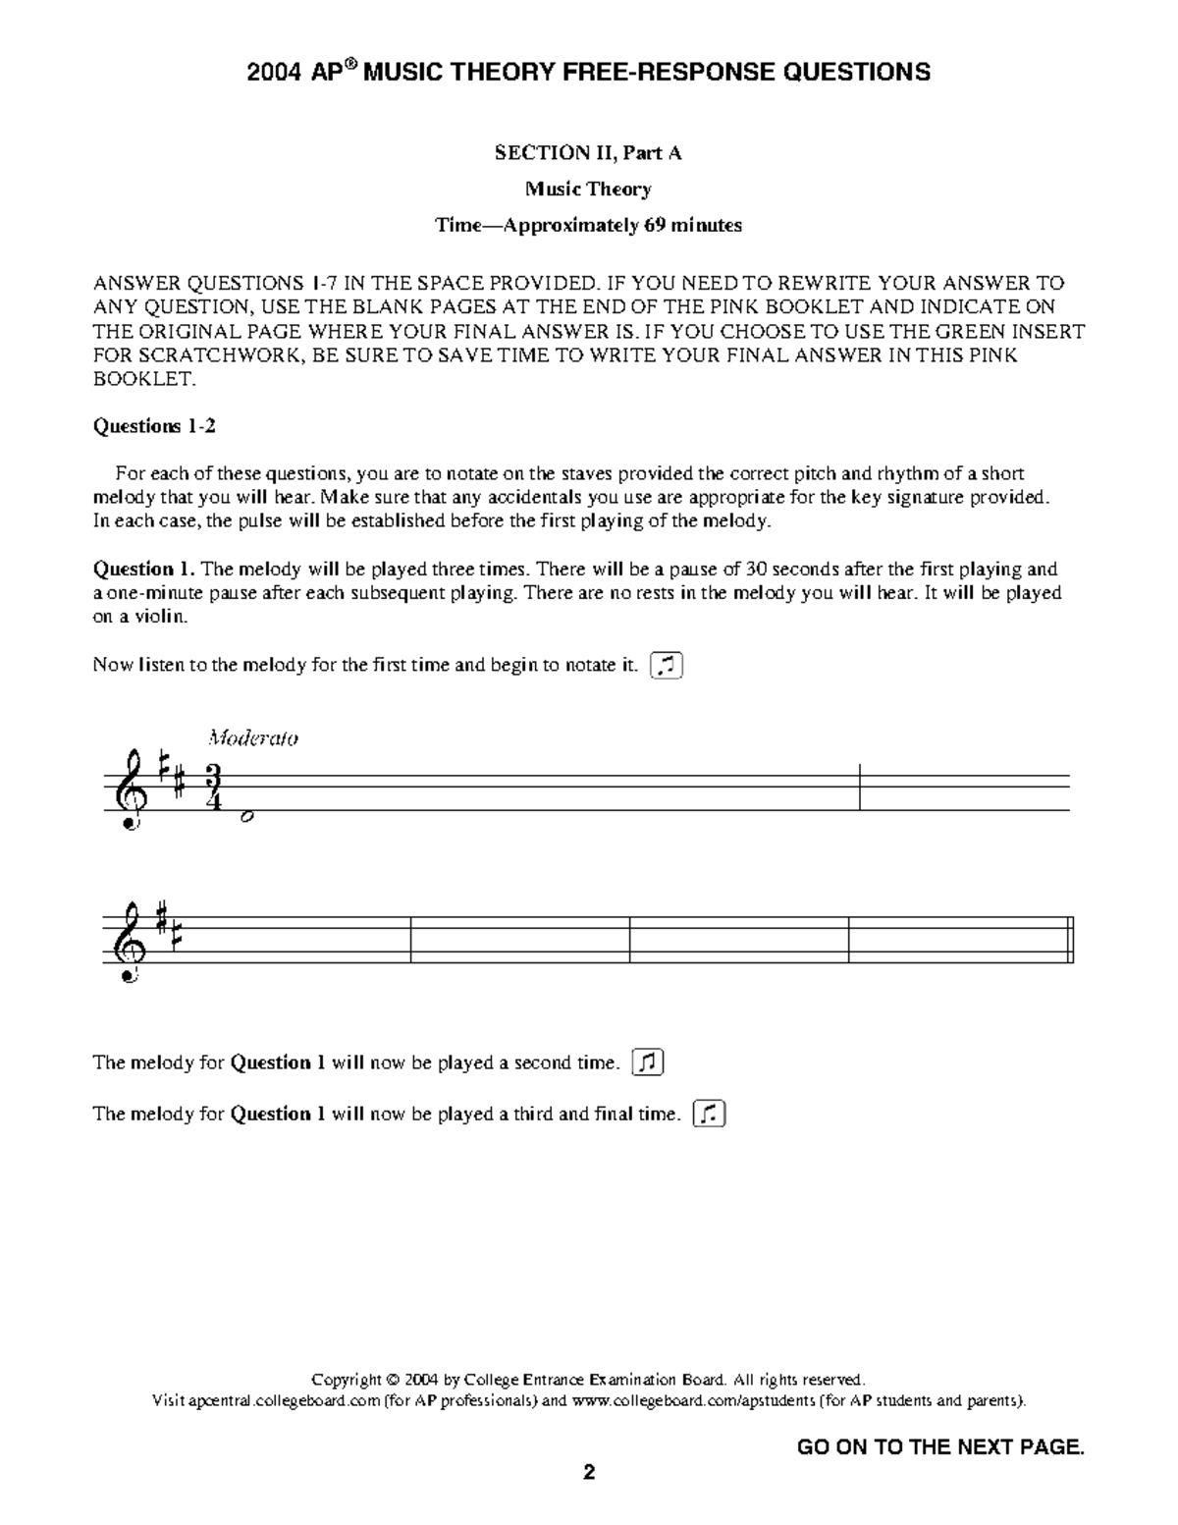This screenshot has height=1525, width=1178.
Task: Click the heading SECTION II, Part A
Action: [x=588, y=152]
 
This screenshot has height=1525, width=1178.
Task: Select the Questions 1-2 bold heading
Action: [x=154, y=425]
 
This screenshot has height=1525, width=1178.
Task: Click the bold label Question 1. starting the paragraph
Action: [x=144, y=569]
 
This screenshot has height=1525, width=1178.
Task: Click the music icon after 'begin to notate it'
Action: [x=667, y=665]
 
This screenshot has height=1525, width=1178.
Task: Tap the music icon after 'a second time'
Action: [x=648, y=1062]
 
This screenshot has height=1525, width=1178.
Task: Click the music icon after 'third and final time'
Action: [x=709, y=1114]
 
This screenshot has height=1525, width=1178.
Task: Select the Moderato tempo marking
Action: [x=253, y=737]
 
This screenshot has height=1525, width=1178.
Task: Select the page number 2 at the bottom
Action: [x=589, y=1472]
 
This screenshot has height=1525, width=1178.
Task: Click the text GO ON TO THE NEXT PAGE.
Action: [x=939, y=1446]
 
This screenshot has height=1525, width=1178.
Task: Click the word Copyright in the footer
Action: [x=346, y=1380]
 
